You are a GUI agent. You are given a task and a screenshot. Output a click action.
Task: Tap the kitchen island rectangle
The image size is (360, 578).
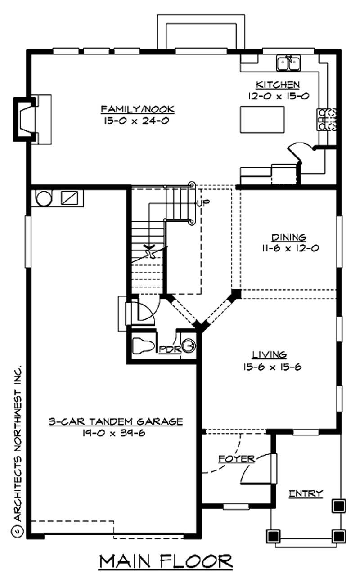(x=262, y=119)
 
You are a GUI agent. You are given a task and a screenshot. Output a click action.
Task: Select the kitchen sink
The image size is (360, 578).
(x=288, y=63)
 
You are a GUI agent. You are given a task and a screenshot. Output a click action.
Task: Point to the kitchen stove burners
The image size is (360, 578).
(x=327, y=120)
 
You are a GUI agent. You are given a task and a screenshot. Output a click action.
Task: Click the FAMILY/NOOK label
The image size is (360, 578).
(x=137, y=109)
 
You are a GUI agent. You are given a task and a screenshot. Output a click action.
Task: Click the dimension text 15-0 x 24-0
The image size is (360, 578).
(x=137, y=121)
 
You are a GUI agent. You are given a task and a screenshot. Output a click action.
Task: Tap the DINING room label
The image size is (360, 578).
(x=289, y=237)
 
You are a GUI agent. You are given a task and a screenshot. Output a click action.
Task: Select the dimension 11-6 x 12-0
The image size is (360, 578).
(x=289, y=248)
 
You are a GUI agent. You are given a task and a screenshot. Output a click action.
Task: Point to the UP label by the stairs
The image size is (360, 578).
(x=203, y=203)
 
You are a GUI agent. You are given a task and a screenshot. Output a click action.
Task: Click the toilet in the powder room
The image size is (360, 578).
(x=143, y=346)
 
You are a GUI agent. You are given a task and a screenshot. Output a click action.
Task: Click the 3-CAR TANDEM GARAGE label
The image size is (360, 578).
(x=116, y=421)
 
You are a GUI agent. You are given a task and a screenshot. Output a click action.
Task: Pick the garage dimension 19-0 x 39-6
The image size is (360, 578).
(x=116, y=433)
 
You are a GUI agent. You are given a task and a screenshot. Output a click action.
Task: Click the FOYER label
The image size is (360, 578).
(x=236, y=459)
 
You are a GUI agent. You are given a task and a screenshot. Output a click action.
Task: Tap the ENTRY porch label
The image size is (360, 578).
(x=306, y=493)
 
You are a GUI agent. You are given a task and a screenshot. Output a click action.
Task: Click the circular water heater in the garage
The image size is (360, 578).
(x=45, y=198)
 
